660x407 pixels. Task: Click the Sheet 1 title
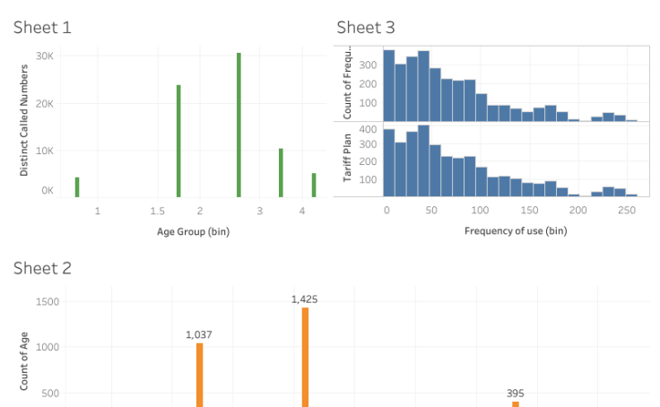(x=42, y=28)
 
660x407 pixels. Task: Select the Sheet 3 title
(x=365, y=28)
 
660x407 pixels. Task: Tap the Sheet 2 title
(x=42, y=268)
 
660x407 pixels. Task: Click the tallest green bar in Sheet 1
(x=239, y=126)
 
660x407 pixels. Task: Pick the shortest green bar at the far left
(x=77, y=186)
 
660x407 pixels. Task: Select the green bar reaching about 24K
(x=178, y=141)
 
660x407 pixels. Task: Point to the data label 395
(x=515, y=393)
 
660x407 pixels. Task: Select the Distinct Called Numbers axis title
(x=24, y=118)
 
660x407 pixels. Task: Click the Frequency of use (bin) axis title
(x=515, y=231)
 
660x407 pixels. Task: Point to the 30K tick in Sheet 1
(x=45, y=56)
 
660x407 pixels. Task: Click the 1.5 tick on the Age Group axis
(x=158, y=212)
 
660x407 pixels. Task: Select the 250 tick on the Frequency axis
(x=627, y=211)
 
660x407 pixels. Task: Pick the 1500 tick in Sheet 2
(x=48, y=302)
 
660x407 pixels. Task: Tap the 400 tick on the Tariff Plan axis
(x=367, y=129)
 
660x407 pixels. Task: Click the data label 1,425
(x=305, y=299)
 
